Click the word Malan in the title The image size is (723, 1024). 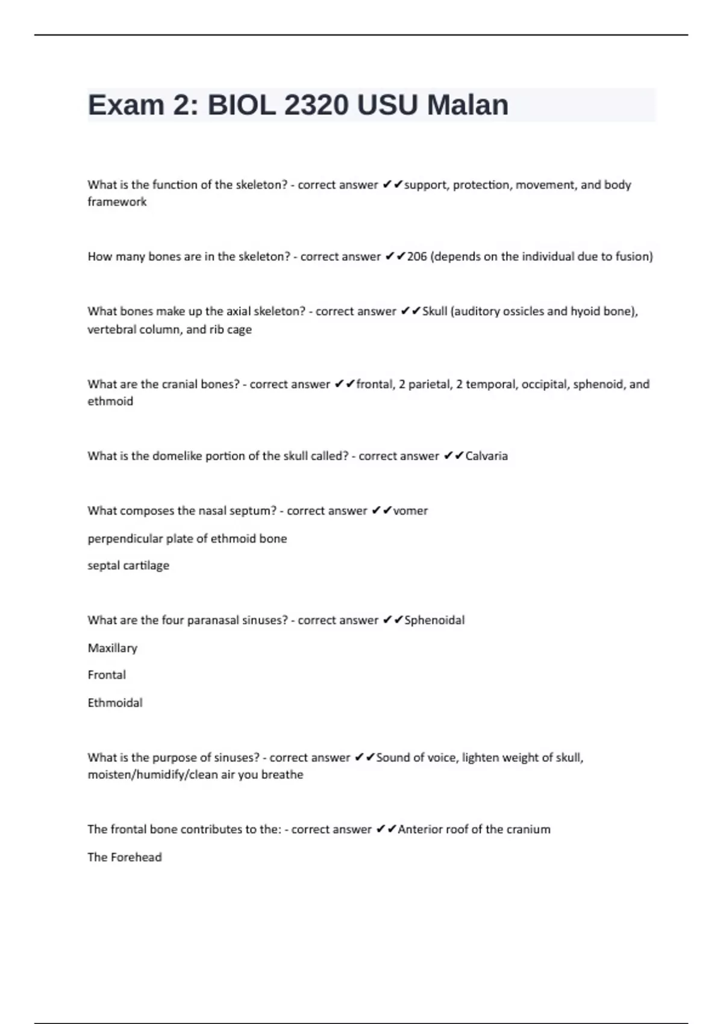click(x=468, y=105)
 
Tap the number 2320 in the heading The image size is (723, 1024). click(x=316, y=105)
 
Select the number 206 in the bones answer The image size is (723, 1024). click(x=417, y=257)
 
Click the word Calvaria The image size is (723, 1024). click(x=486, y=456)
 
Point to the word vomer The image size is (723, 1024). click(x=410, y=511)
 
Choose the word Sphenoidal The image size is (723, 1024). click(x=434, y=620)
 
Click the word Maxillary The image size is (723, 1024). click(x=113, y=648)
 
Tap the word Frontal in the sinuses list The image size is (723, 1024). click(x=107, y=675)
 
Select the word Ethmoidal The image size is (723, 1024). click(x=115, y=703)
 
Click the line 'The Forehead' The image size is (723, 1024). click(x=125, y=857)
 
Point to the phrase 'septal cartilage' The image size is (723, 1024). click(x=128, y=566)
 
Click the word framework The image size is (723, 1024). click(x=117, y=202)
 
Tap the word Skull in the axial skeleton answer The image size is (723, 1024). click(x=434, y=311)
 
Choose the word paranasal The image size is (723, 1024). click(x=213, y=620)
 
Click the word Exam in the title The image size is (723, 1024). click(x=126, y=105)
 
